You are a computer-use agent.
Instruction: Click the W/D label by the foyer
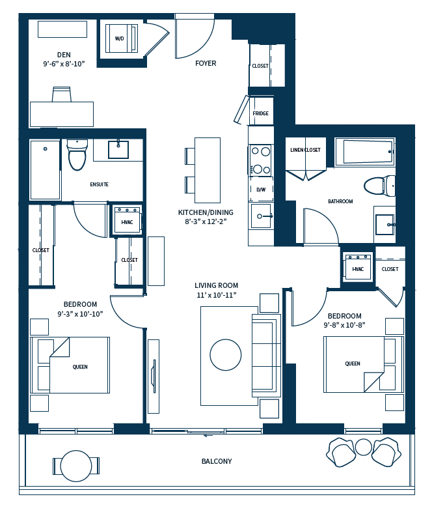(120, 38)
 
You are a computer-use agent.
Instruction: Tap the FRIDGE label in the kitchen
(260, 114)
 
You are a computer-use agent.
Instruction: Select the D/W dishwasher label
(261, 190)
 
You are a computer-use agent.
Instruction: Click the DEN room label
(63, 55)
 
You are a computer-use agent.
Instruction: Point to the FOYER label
(206, 63)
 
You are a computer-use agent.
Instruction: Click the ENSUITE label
(99, 184)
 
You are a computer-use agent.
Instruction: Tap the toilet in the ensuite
(77, 154)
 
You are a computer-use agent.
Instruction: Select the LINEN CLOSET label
(305, 150)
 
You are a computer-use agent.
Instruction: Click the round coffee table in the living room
(226, 355)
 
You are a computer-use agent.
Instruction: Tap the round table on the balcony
(76, 466)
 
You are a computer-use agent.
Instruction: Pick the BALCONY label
(217, 461)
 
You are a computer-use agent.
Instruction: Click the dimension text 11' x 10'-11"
(216, 295)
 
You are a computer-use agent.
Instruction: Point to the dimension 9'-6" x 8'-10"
(63, 64)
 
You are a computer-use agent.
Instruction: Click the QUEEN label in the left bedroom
(80, 367)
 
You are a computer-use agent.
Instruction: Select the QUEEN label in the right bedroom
(353, 364)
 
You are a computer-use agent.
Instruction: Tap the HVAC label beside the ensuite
(127, 222)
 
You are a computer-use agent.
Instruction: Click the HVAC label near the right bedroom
(358, 269)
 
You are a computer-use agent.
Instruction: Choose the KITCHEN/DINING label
(206, 212)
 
